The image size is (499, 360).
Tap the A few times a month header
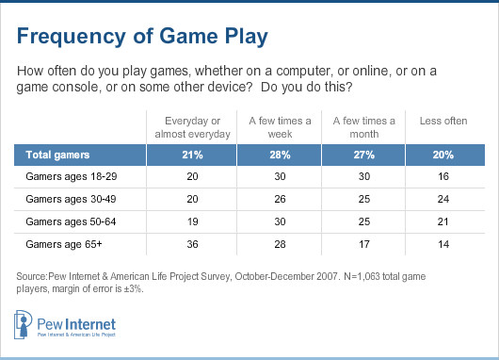pos(362,127)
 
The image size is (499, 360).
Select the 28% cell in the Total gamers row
pos(277,153)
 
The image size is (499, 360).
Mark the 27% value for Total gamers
pos(362,153)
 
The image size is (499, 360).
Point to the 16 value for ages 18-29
pos(444,176)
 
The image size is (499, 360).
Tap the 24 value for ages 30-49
pos(444,200)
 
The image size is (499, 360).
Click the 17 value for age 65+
pos(362,247)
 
